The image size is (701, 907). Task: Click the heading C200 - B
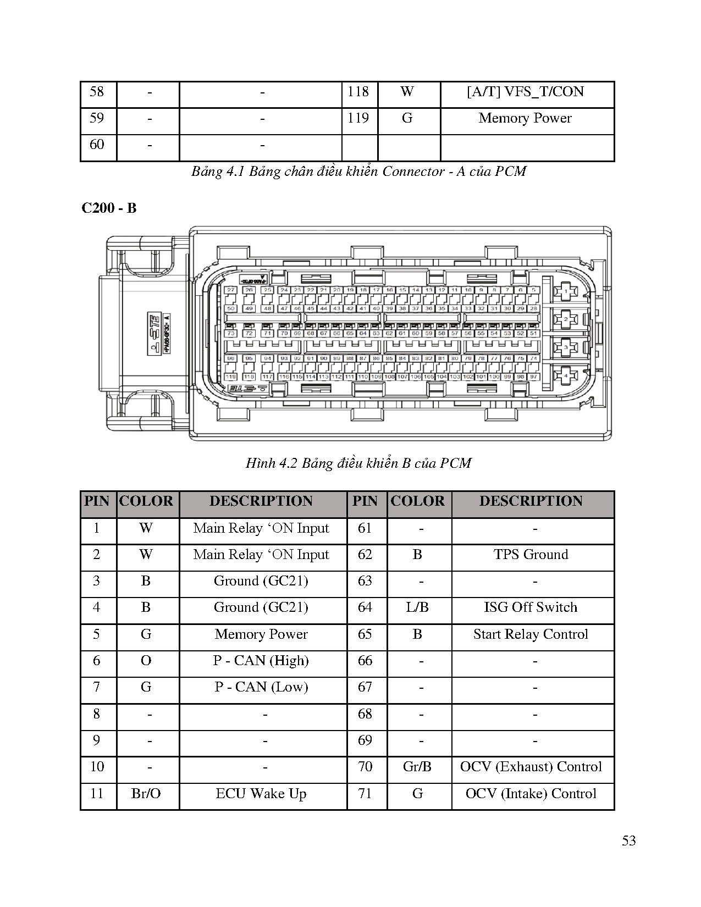pos(109,208)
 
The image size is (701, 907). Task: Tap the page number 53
pos(628,840)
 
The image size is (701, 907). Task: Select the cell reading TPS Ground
pos(531,555)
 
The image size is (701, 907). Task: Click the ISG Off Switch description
pos(531,607)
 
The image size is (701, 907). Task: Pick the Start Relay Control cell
pos(531,634)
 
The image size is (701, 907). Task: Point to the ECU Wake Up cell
pos(261,794)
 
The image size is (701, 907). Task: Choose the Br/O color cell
pos(146,794)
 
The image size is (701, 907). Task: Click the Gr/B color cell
pos(417,767)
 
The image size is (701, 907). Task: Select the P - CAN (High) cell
pos(261,661)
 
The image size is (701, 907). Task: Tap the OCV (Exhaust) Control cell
pos(531,767)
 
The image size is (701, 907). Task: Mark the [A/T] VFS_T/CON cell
pos(526,92)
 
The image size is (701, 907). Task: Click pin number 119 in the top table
pos(358,118)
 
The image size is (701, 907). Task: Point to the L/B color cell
pos(417,607)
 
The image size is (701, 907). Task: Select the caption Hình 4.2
pos(358,463)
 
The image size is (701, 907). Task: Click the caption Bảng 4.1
pos(358,172)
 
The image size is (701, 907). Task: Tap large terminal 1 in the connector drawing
pos(566,290)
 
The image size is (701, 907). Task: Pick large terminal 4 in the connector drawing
pos(566,376)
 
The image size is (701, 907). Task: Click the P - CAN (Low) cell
pos(261,687)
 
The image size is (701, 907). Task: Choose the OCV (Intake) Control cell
pos(531,794)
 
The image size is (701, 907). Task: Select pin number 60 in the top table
pos(97,145)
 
